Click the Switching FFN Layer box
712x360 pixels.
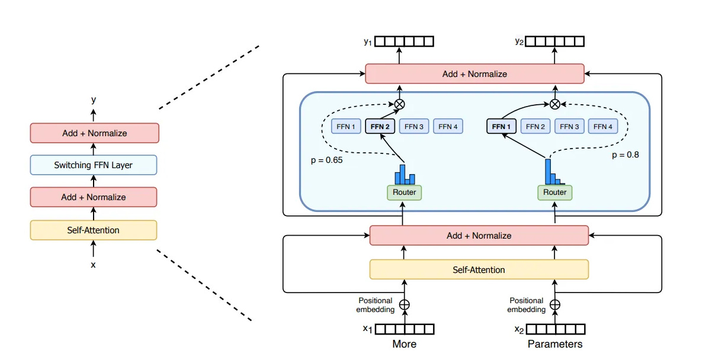pyautogui.click(x=94, y=165)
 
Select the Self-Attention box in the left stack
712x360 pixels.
pyautogui.click(x=94, y=230)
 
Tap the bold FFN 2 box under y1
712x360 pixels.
pyautogui.click(x=380, y=127)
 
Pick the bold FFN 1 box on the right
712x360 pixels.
pyautogui.click(x=501, y=127)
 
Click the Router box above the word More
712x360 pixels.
pyautogui.click(x=405, y=192)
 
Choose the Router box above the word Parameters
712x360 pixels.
pyautogui.click(x=554, y=192)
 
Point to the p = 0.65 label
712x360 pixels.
pyautogui.click(x=327, y=160)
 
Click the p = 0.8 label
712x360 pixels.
pyautogui.click(x=626, y=155)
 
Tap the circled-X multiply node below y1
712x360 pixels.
pyautogui.click(x=400, y=104)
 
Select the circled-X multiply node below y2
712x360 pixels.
pyautogui.click(x=555, y=104)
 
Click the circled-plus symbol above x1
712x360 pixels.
pyautogui.click(x=405, y=305)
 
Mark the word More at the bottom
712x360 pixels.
pyautogui.click(x=405, y=344)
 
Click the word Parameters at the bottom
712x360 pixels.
pyautogui.click(x=555, y=344)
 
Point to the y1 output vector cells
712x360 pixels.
pyautogui.click(x=405, y=41)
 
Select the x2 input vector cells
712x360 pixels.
pyautogui.click(x=556, y=329)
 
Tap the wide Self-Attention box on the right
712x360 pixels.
pyautogui.click(x=479, y=269)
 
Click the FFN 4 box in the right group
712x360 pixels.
pyautogui.click(x=603, y=127)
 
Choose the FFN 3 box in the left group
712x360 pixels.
pyautogui.click(x=414, y=127)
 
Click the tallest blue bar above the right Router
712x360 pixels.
pyautogui.click(x=548, y=172)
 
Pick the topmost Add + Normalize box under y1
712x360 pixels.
pyautogui.click(x=475, y=73)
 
